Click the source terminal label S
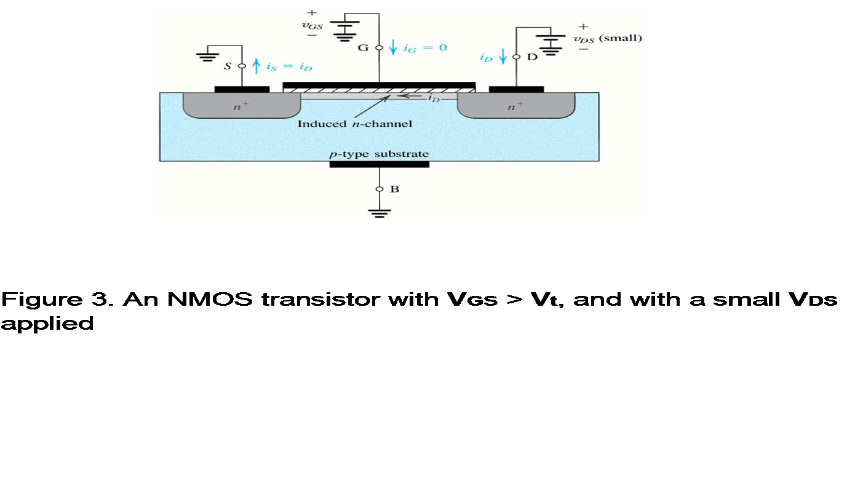click(x=228, y=65)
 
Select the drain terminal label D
click(x=533, y=57)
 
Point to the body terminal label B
click(x=395, y=189)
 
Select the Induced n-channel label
click(x=354, y=124)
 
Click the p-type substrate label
click(x=379, y=154)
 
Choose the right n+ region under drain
click(x=515, y=106)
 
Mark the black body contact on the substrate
click(x=379, y=164)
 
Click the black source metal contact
click(x=242, y=89)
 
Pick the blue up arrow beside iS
click(x=256, y=65)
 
